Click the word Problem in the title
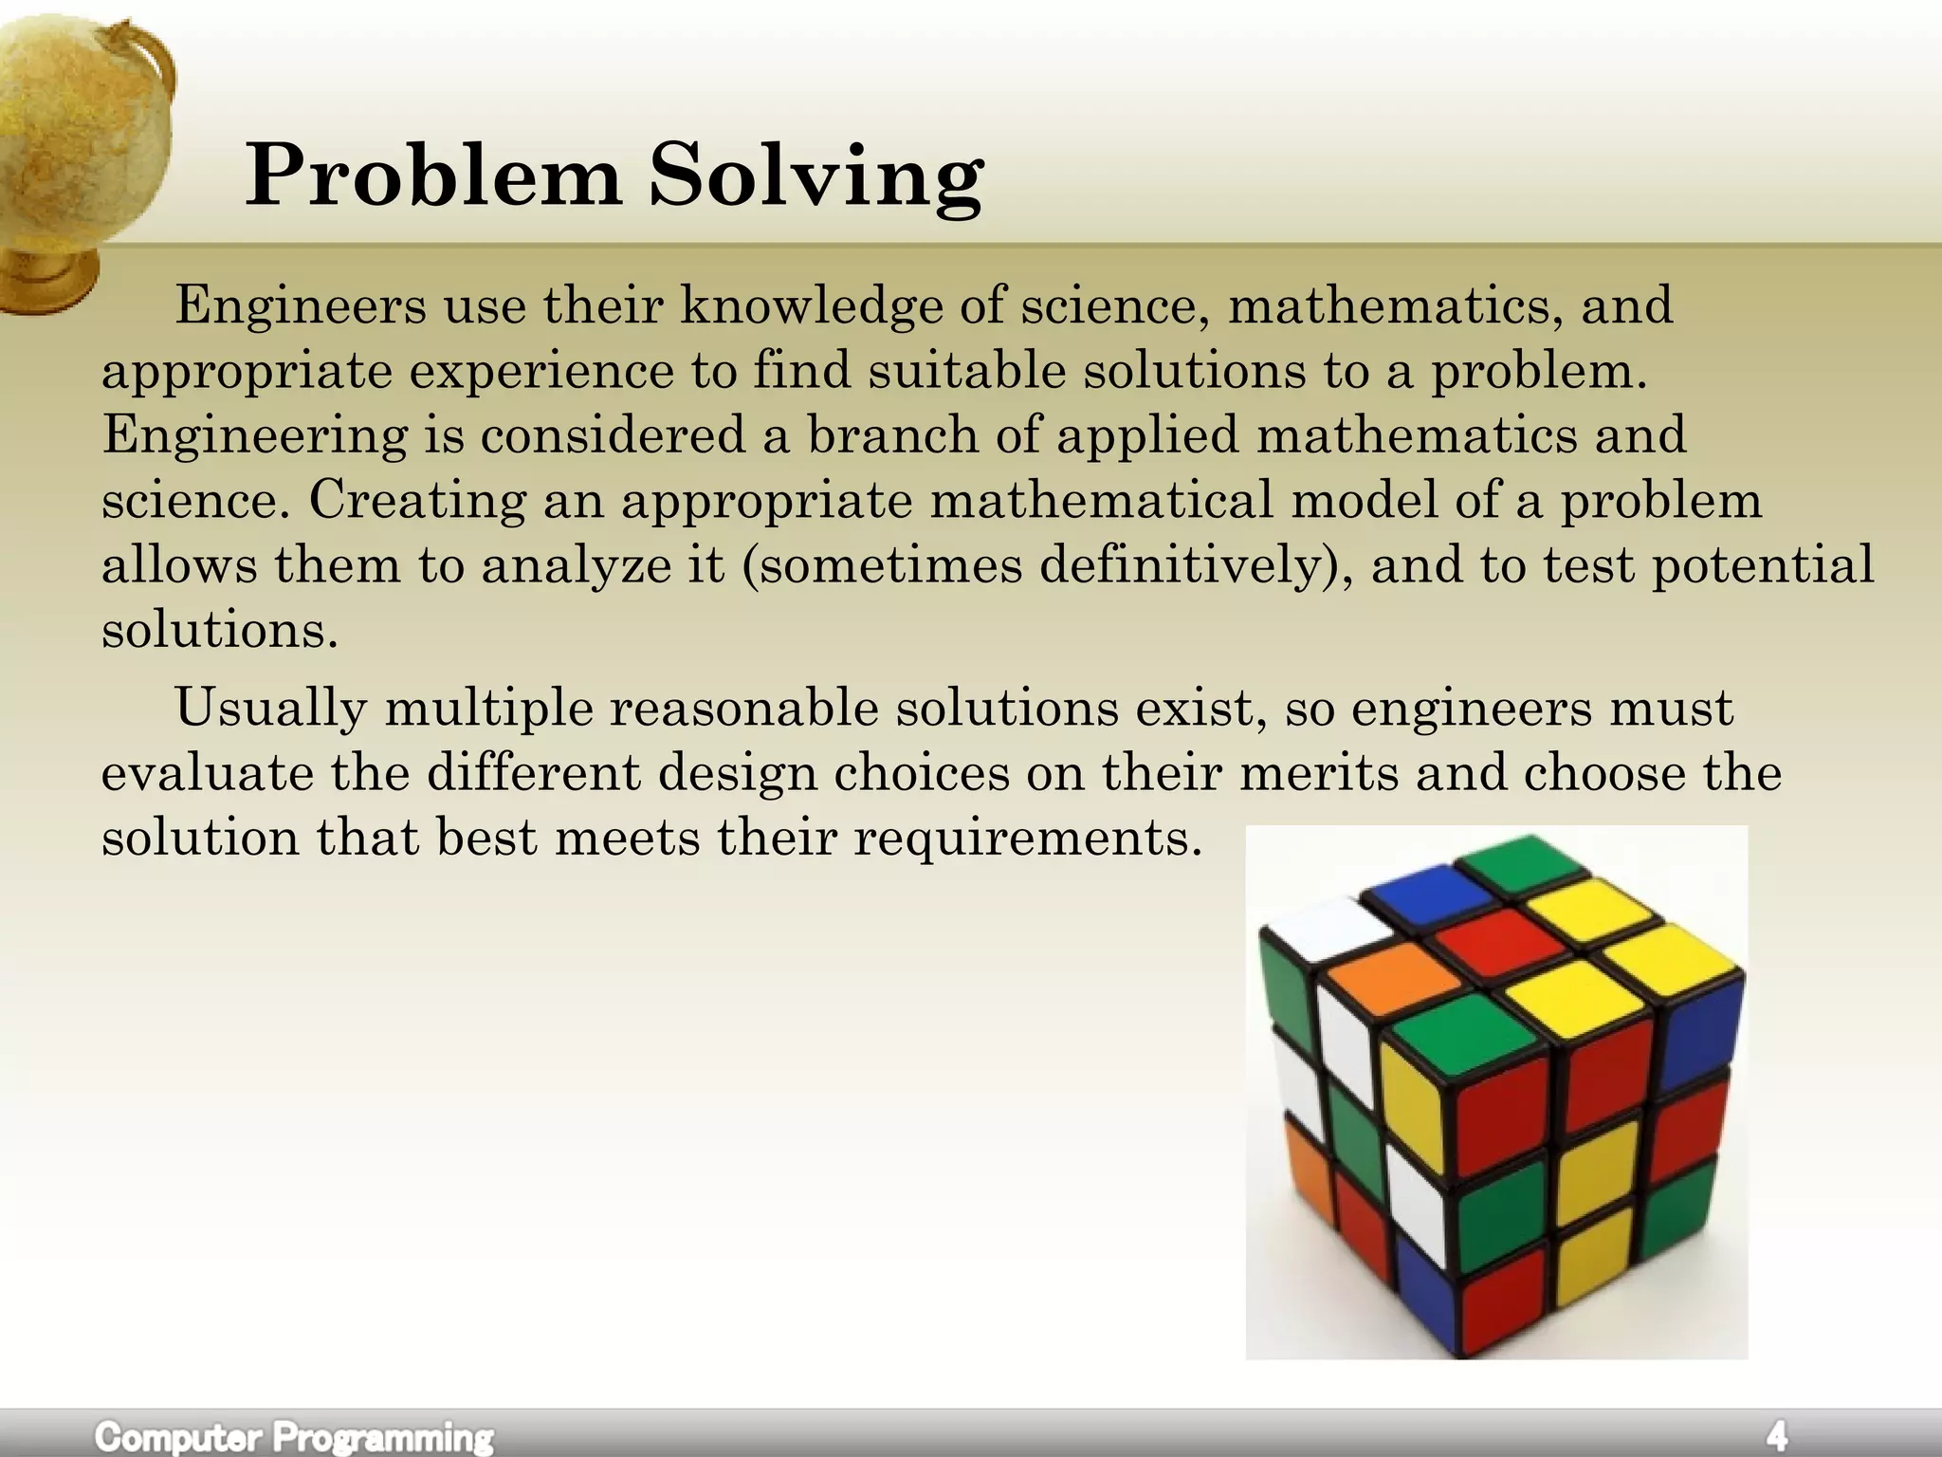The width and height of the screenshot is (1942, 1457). point(432,176)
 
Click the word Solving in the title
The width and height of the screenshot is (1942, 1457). point(815,178)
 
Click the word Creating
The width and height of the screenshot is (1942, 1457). point(416,500)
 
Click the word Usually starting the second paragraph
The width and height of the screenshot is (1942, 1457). point(269,708)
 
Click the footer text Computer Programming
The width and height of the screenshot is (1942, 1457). point(294,1436)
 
